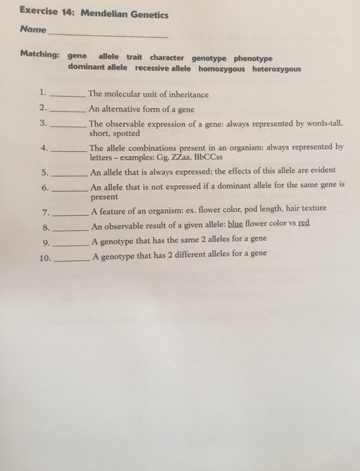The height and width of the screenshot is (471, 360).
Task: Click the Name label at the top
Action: pyautogui.click(x=34, y=30)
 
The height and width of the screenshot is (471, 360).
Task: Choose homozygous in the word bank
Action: pyautogui.click(x=223, y=69)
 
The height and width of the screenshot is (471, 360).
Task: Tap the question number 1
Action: pyautogui.click(x=42, y=93)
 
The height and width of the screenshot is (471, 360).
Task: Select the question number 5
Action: pyautogui.click(x=44, y=171)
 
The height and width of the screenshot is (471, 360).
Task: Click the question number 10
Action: pyautogui.click(x=46, y=255)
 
